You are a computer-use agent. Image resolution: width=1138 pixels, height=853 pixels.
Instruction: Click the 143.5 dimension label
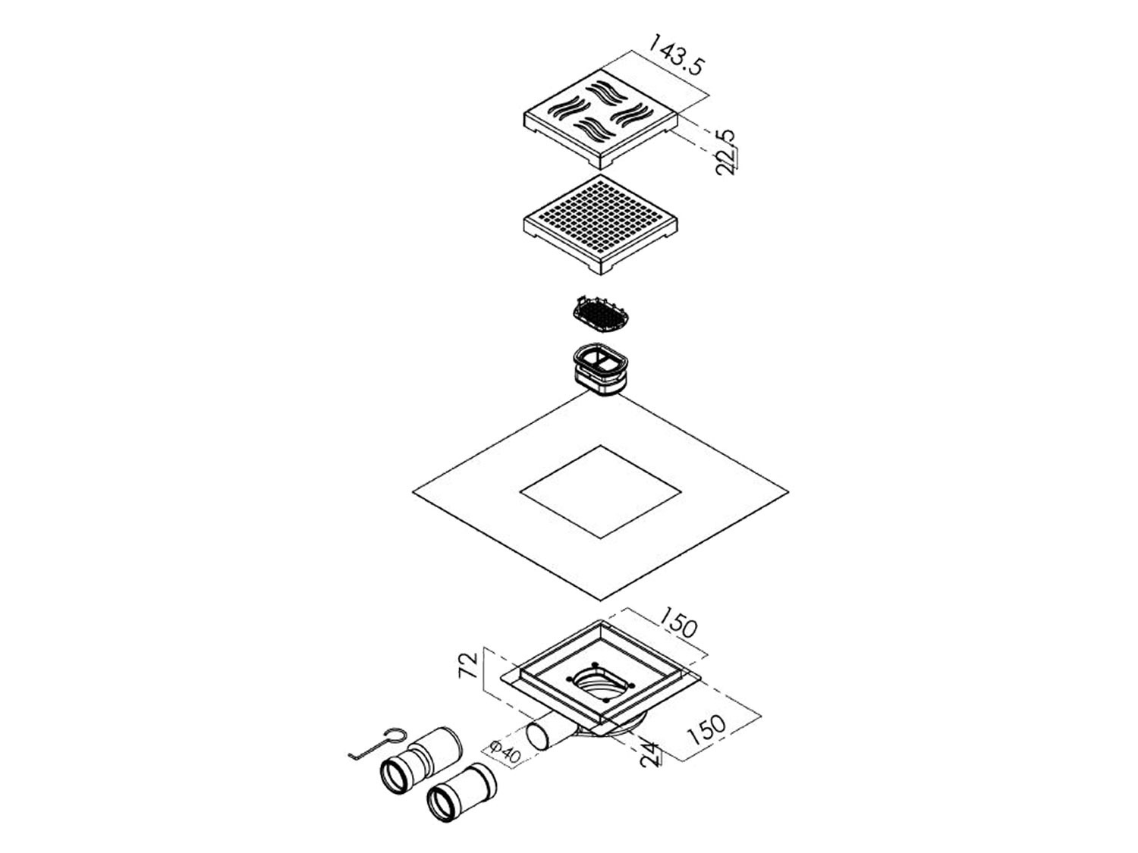coord(677,55)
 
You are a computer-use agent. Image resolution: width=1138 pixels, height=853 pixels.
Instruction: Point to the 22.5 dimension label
coord(725,152)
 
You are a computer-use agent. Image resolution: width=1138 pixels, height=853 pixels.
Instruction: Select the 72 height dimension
coord(469,665)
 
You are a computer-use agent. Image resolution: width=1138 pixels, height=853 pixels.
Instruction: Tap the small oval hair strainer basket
coord(599,316)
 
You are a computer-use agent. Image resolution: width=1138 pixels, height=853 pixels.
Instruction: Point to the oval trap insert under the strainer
coord(600,370)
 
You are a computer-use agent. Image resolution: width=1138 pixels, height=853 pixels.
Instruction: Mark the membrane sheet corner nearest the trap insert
coord(600,392)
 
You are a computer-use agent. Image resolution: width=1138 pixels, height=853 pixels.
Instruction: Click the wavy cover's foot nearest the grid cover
coord(600,162)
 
